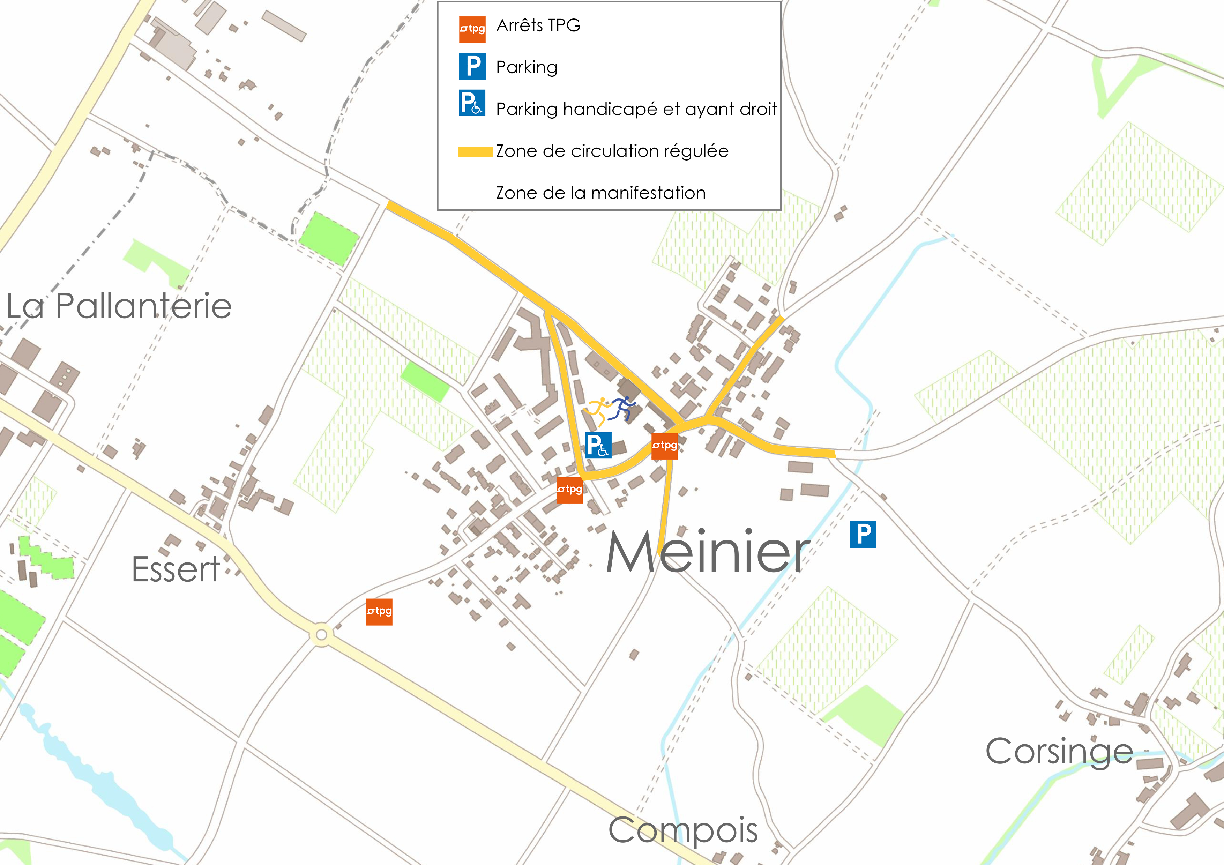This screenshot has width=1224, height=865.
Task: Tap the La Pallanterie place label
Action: tap(119, 306)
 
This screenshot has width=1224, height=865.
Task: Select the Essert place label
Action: tap(176, 569)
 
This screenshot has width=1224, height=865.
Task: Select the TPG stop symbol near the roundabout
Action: tap(379, 611)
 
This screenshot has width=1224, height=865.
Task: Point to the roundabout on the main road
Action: tap(321, 635)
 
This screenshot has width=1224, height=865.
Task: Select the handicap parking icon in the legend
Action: tap(472, 103)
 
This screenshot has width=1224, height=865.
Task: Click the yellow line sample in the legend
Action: tap(475, 152)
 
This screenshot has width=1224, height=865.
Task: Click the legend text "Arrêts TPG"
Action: tap(538, 25)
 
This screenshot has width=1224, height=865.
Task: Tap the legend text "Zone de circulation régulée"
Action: tap(612, 151)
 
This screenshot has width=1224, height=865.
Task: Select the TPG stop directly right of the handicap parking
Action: tap(665, 446)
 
